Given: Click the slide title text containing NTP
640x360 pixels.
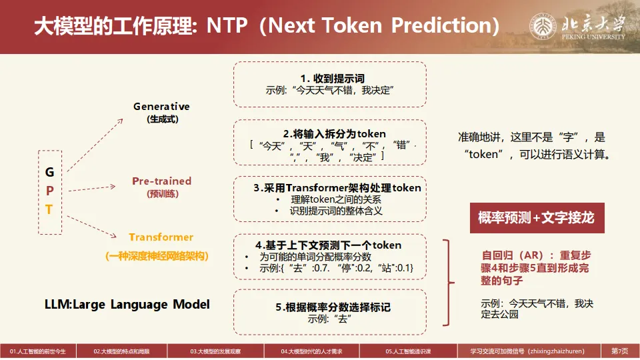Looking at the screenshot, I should click(x=267, y=25).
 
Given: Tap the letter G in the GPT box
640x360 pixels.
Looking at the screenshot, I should click(x=49, y=172).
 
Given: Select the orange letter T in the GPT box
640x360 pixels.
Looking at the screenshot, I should click(x=49, y=210).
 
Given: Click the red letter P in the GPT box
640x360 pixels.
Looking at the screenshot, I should click(x=49, y=191).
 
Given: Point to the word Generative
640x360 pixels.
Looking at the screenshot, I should click(x=161, y=107).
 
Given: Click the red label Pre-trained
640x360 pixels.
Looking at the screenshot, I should click(x=161, y=181).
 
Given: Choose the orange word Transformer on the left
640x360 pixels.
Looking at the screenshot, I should click(x=161, y=237).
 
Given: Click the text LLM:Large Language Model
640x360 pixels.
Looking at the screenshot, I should click(x=127, y=304).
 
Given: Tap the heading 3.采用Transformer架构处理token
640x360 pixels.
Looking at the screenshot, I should click(x=337, y=188).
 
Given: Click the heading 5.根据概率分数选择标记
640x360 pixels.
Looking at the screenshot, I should click(x=333, y=307).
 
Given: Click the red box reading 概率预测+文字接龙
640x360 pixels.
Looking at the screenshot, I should click(x=537, y=218).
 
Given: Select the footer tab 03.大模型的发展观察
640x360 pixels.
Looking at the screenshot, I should click(x=215, y=351).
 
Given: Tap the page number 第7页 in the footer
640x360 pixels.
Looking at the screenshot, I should click(x=619, y=351).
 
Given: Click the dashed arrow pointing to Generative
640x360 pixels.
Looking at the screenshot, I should click(x=95, y=144).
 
